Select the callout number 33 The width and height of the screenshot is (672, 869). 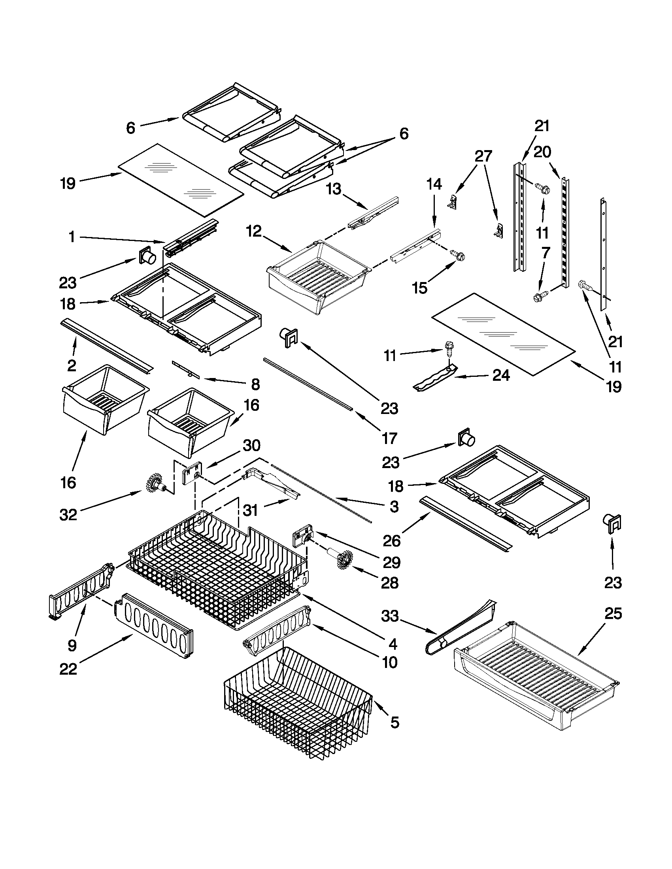coord(390,616)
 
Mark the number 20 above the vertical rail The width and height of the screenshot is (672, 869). coord(542,152)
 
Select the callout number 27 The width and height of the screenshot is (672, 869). coord(483,156)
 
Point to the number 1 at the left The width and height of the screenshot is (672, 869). coord(72,237)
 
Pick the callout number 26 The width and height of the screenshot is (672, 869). coord(392,541)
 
